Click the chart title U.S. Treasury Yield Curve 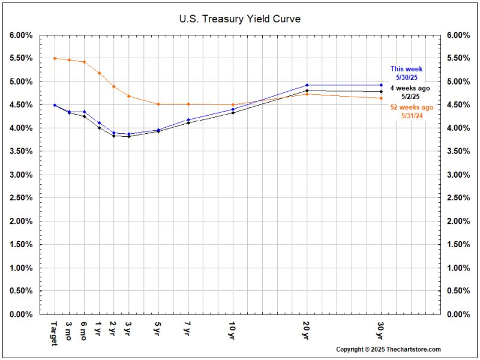[239, 19]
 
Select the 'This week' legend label [406, 69]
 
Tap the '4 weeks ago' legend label [410, 88]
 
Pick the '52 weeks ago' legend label [411, 107]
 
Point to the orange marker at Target [55, 58]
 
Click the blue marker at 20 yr [307, 85]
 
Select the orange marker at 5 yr [158, 104]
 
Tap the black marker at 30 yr [381, 92]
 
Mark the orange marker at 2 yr [114, 86]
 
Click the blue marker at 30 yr [381, 85]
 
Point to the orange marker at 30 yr [381, 98]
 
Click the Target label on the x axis [55, 332]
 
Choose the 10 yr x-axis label [232, 329]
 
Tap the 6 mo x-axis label [84, 329]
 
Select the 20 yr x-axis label [307, 329]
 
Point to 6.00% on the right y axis [458, 35]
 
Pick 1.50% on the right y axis [458, 244]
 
